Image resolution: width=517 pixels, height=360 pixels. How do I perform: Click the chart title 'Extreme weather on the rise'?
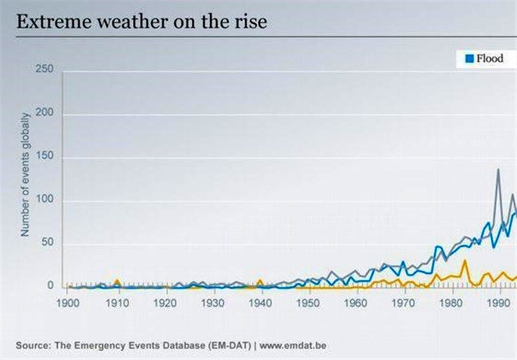pyautogui.click(x=141, y=22)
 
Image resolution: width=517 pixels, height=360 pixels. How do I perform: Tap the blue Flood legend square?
pyautogui.click(x=470, y=58)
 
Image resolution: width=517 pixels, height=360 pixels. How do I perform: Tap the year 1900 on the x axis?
pyautogui.click(x=68, y=302)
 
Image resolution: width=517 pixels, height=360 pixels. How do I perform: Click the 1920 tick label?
pyautogui.click(x=165, y=302)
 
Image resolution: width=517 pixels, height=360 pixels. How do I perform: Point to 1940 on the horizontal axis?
pyautogui.click(x=260, y=302)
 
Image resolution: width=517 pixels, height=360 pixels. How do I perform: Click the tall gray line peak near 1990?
pyautogui.click(x=498, y=169)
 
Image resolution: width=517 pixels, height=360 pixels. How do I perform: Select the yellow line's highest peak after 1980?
pyautogui.click(x=465, y=260)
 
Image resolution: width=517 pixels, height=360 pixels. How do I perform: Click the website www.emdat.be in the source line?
pyautogui.click(x=293, y=346)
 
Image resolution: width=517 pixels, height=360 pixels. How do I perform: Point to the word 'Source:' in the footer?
pyautogui.click(x=32, y=346)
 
